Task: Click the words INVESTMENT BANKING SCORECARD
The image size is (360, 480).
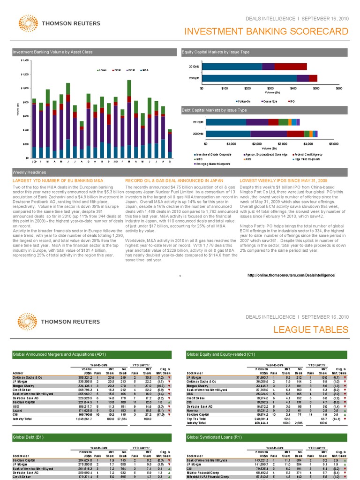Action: click(x=267, y=31)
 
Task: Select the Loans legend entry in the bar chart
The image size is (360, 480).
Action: click(x=102, y=70)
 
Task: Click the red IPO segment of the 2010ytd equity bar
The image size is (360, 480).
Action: click(x=291, y=67)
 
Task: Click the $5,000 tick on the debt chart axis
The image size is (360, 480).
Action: click(x=333, y=144)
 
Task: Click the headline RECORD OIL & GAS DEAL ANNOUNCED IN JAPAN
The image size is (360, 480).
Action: click(x=177, y=180)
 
